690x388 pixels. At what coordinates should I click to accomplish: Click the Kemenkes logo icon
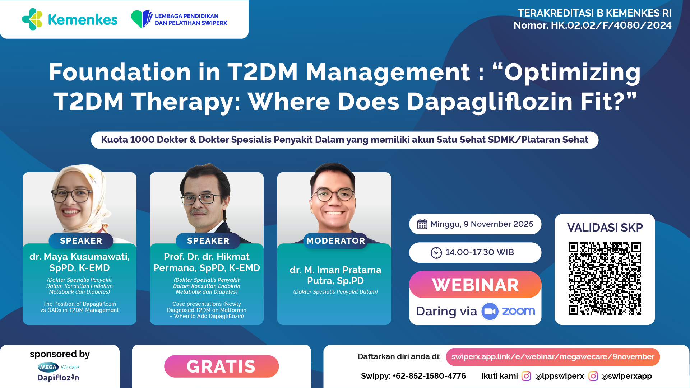pyautogui.click(x=32, y=19)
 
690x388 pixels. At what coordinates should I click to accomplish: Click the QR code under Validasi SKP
pyautogui.click(x=605, y=279)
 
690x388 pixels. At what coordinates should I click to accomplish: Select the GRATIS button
pyautogui.click(x=221, y=366)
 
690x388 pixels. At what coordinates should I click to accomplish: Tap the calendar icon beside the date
pyautogui.click(x=422, y=224)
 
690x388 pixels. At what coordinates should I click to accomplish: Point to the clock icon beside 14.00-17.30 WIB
pyautogui.click(x=436, y=253)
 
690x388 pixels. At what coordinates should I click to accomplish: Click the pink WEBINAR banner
pyautogui.click(x=475, y=285)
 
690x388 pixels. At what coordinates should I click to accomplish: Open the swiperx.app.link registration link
pyautogui.click(x=553, y=357)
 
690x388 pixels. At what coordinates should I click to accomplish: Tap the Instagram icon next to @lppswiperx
pyautogui.click(x=526, y=376)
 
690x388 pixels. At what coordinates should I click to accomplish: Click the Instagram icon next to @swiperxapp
pyautogui.click(x=593, y=376)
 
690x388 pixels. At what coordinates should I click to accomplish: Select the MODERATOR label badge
pyautogui.click(x=335, y=241)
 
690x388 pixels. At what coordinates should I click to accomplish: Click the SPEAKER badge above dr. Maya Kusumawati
pyautogui.click(x=81, y=241)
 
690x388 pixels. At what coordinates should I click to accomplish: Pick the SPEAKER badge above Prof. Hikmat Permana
pyautogui.click(x=208, y=241)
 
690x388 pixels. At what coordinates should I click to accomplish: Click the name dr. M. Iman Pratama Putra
pyautogui.click(x=335, y=275)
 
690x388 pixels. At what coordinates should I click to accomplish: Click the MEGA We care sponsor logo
pyautogui.click(x=58, y=367)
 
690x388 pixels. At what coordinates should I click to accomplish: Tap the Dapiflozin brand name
pyautogui.click(x=58, y=378)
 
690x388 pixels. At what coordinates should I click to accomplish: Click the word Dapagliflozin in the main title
pyautogui.click(x=490, y=102)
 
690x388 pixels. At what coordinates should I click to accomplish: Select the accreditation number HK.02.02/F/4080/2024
pyautogui.click(x=611, y=25)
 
